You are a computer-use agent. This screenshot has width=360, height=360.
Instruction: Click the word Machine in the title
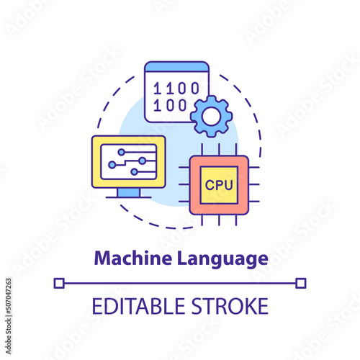[x=133, y=258]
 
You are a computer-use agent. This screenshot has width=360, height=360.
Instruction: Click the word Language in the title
[x=222, y=259]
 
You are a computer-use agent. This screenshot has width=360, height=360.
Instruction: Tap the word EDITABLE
[x=138, y=306]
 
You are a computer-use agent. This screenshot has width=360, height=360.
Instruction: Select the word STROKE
[x=230, y=306]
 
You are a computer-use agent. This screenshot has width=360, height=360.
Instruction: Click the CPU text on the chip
[x=219, y=185]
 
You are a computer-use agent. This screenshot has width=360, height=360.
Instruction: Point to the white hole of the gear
[x=211, y=117]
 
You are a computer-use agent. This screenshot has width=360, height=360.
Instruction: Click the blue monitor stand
[x=129, y=192]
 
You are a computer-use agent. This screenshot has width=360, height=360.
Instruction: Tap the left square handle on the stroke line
[x=59, y=283]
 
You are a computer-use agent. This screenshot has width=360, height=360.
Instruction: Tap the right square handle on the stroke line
[x=301, y=283]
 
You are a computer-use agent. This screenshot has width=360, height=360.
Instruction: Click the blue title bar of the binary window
[x=177, y=67]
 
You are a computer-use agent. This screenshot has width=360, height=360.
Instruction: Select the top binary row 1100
[x=176, y=88]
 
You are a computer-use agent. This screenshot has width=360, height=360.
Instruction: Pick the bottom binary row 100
[x=170, y=105]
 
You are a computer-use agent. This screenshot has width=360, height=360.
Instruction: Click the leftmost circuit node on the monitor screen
[x=112, y=165]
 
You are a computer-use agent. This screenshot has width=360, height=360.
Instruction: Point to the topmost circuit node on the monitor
[x=122, y=152]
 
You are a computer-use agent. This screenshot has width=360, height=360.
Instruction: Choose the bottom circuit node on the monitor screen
[x=134, y=172]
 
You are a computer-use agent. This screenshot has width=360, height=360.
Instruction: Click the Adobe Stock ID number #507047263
[x=9, y=296]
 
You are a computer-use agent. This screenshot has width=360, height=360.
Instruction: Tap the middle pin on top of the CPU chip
[x=219, y=150]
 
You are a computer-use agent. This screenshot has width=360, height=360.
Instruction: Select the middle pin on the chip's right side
[x=254, y=184]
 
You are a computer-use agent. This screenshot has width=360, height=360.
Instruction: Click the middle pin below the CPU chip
[x=219, y=220]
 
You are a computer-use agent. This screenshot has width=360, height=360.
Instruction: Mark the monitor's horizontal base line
[x=129, y=197]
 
